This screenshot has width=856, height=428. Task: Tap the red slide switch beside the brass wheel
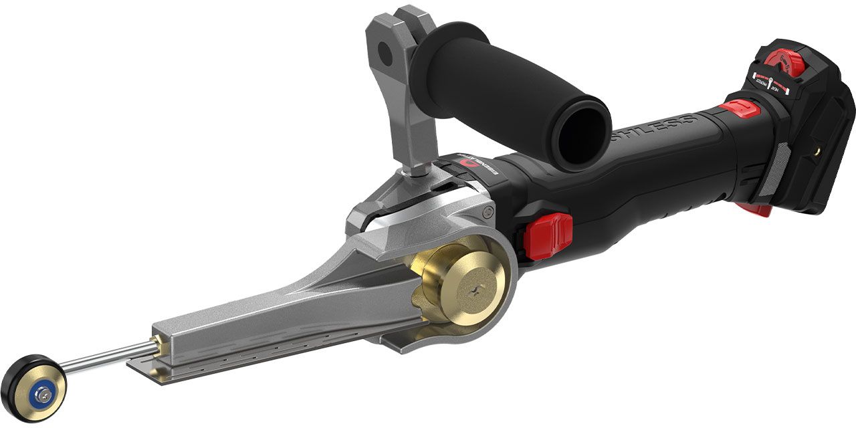[x=548, y=235]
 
